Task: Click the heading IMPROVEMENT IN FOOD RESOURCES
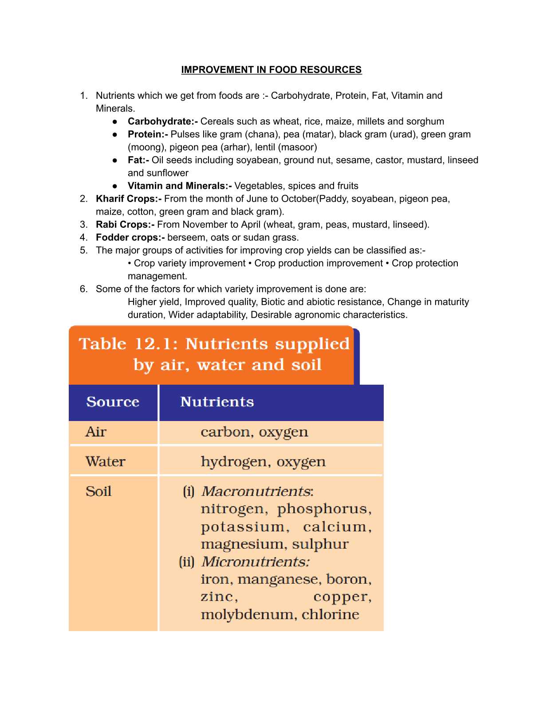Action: pos(271,70)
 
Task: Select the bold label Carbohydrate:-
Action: pos(162,121)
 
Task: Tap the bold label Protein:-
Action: pos(148,134)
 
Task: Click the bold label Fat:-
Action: pos(138,160)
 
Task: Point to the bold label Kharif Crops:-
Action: pos(129,199)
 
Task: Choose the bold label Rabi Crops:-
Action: pos(125,224)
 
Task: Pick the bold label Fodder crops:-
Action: pos(130,237)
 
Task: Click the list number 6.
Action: pos(83,289)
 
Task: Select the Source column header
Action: pos(113,402)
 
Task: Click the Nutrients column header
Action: pos(217,402)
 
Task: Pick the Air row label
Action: pos(96,432)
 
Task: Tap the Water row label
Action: pos(106,461)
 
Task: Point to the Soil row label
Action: pos(98,491)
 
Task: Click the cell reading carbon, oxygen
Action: pos(254,432)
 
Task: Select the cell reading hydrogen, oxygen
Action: pos(263,462)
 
